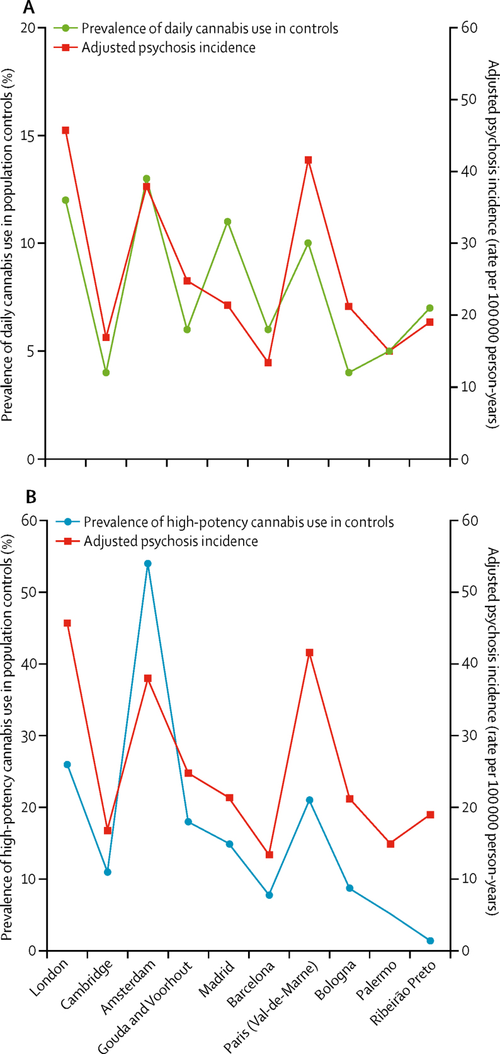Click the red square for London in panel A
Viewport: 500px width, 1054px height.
coord(65,130)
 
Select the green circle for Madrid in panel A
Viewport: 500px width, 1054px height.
coord(227,222)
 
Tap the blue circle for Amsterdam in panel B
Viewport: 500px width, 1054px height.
coord(147,564)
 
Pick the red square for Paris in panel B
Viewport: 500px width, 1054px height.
coord(309,652)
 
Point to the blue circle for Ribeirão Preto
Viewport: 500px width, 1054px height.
coord(430,941)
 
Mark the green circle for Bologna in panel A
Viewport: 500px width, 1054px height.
coord(349,373)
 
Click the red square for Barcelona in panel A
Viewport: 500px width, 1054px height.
coord(268,362)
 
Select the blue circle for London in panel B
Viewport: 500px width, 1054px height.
coord(67,765)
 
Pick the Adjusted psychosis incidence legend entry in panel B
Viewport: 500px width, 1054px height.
coord(170,541)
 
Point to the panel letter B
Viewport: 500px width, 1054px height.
coord(31,497)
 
